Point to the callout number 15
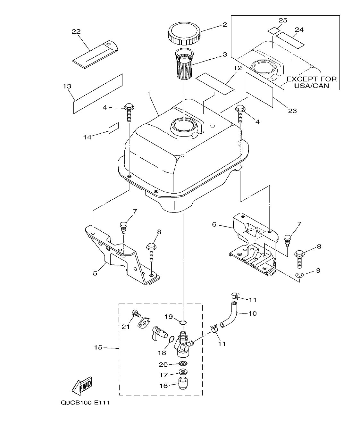coord(98,348)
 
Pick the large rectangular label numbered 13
coord(98,94)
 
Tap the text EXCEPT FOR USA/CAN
coord(311,82)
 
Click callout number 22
coord(76,31)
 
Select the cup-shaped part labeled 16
coord(182,382)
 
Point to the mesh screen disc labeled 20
coord(182,364)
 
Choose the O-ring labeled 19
coord(183,322)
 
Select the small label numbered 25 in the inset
coord(273,31)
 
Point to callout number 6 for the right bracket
coord(214,225)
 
